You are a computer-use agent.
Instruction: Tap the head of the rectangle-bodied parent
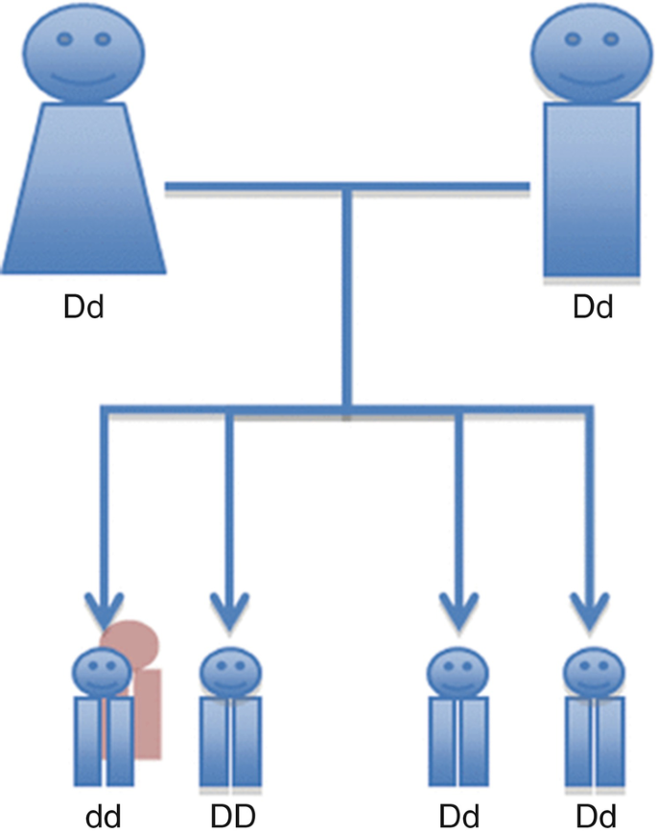[x=585, y=53]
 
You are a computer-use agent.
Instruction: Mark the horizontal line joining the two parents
[x=345, y=185]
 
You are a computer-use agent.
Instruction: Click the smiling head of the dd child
[x=102, y=672]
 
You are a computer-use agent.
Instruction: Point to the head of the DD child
[x=228, y=672]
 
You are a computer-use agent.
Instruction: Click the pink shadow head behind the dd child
[x=132, y=637]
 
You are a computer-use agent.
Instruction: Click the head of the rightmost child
[x=589, y=672]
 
